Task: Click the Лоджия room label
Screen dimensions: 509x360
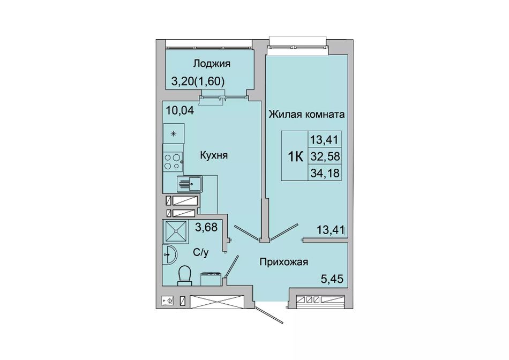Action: [212, 64]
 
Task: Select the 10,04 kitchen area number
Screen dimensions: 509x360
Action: [180, 111]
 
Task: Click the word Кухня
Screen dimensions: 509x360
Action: [214, 155]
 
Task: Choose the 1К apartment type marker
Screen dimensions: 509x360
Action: [295, 157]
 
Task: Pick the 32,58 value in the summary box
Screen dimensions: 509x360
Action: [325, 157]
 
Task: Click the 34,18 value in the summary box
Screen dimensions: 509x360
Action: [325, 173]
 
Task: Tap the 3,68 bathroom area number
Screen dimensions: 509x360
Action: [206, 227]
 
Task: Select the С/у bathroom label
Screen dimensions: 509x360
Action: [201, 252]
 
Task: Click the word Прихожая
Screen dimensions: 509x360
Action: [284, 261]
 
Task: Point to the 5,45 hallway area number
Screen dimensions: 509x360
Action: [332, 279]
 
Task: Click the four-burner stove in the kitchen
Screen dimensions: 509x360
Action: [173, 162]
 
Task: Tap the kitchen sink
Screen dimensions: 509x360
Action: [189, 184]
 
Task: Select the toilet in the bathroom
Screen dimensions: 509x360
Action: [185, 275]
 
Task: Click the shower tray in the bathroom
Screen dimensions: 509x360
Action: [176, 231]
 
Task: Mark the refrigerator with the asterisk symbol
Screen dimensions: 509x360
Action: [174, 133]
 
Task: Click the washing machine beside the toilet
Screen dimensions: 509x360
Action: [211, 279]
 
